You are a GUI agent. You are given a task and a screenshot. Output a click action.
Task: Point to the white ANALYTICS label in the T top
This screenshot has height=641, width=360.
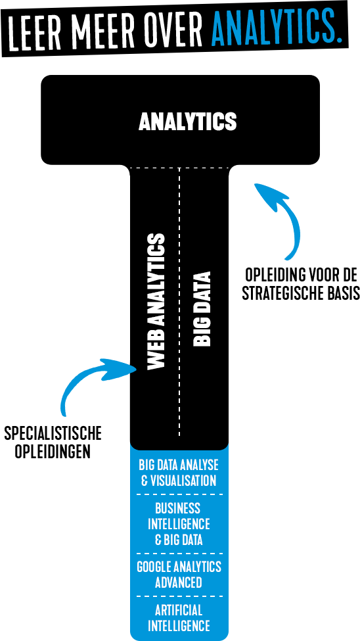(x=188, y=122)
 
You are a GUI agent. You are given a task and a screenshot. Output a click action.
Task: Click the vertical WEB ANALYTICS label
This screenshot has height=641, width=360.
(x=156, y=302)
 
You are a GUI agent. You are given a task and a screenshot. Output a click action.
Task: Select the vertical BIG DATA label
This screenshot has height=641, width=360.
(x=202, y=309)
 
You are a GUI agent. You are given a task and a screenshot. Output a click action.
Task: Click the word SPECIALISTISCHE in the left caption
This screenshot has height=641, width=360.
(x=53, y=434)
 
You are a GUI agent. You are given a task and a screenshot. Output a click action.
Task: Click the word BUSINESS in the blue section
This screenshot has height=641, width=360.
(x=178, y=508)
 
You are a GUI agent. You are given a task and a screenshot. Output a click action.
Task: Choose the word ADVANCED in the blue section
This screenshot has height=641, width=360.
(x=179, y=582)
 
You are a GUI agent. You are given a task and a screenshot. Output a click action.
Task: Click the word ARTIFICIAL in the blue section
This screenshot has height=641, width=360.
(x=179, y=610)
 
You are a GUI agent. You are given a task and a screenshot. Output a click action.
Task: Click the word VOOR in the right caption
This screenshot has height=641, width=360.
(x=319, y=275)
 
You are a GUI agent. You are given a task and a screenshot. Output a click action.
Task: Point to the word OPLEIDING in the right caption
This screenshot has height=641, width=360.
(x=273, y=275)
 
